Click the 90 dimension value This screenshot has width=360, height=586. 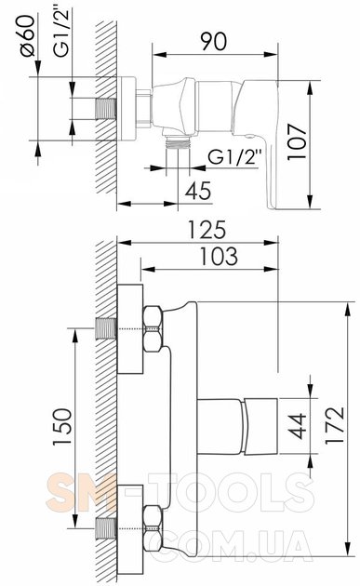(213, 41)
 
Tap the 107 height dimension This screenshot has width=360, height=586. (297, 142)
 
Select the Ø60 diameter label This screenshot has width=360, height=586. (28, 35)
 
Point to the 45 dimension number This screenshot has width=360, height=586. (198, 191)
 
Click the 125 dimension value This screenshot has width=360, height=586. (207, 230)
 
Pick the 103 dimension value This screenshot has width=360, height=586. (219, 257)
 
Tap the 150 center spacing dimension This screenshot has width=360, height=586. (62, 426)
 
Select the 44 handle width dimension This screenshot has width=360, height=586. (297, 426)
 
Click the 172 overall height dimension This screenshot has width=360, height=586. (335, 424)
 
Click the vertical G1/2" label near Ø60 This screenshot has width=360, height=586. (61, 33)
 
